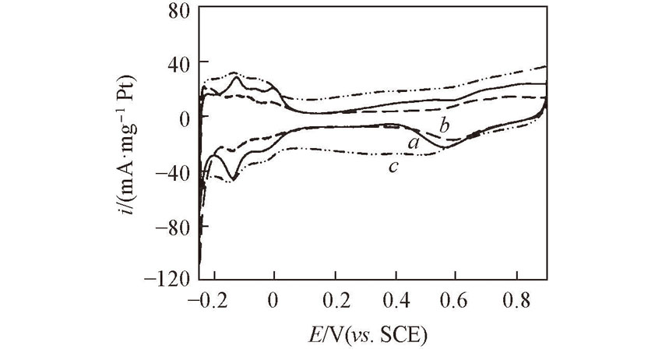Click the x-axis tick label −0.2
[206, 300]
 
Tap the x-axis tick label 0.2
[335, 300]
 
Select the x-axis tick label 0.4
[396, 300]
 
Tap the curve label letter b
[444, 125]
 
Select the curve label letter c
[395, 165]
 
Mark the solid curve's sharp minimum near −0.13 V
[233, 179]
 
